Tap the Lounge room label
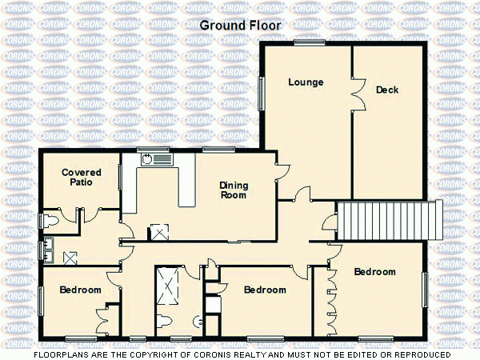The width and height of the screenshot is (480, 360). click(x=306, y=82)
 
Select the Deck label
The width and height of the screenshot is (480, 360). click(x=387, y=90)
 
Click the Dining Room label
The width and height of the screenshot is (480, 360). click(x=234, y=190)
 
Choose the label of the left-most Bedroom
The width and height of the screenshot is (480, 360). click(x=80, y=290)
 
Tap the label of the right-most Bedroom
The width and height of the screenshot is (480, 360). click(x=374, y=272)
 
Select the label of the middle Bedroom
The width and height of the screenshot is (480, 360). click(x=266, y=290)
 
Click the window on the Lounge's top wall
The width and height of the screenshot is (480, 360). click(x=308, y=42)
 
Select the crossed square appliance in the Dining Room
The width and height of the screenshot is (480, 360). click(x=159, y=233)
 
